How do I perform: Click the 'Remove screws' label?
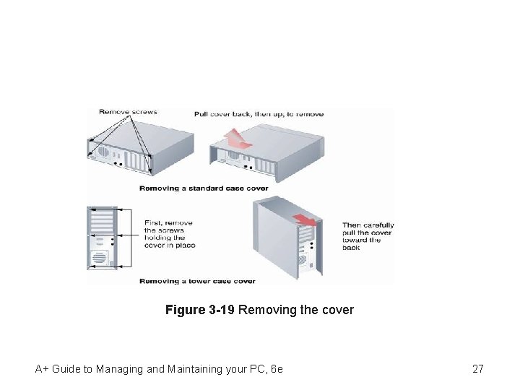[128, 112]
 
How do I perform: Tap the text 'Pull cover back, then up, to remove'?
[259, 114]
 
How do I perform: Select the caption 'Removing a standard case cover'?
[203, 188]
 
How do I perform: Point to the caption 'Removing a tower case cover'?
[197, 281]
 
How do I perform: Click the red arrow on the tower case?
[304, 220]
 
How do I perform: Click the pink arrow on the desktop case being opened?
[235, 139]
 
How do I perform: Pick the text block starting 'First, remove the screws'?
[170, 234]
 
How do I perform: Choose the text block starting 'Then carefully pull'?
[368, 236]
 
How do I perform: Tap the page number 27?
[477, 369]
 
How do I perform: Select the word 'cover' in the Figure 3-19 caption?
[337, 310]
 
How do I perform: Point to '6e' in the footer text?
[276, 369]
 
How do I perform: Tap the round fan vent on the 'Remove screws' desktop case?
[103, 153]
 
